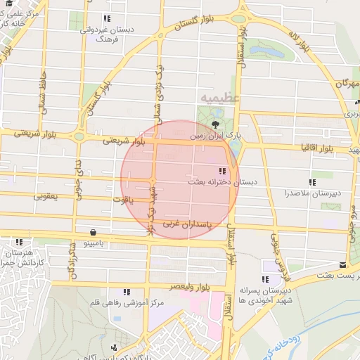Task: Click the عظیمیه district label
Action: coord(219,96)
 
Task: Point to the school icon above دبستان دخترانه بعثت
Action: coord(222,171)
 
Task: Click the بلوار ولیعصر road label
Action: coord(191,287)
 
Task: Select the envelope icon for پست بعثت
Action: coord(342,265)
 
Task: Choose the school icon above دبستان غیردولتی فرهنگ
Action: coord(106,19)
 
